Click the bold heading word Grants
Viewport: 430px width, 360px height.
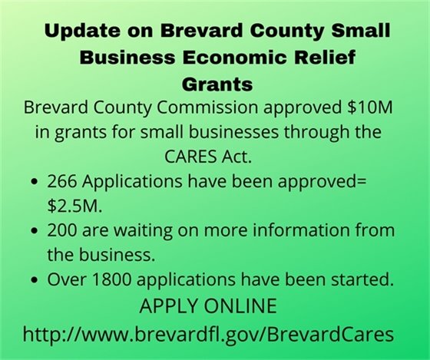point(215,81)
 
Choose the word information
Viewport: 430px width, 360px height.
point(299,230)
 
